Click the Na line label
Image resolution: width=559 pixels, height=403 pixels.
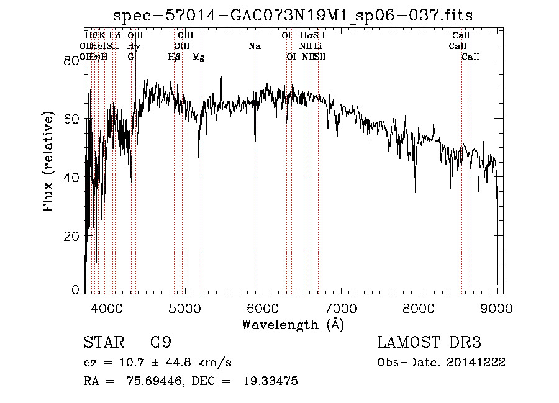pyautogui.click(x=254, y=46)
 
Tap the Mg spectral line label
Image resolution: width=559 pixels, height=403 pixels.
pyautogui.click(x=198, y=57)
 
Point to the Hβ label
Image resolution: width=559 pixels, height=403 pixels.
pyautogui.click(x=174, y=57)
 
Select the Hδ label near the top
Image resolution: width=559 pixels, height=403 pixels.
pyautogui.click(x=115, y=35)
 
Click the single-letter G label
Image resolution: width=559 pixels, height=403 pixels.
pyautogui.click(x=130, y=57)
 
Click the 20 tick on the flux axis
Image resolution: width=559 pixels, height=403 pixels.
pyautogui.click(x=74, y=236)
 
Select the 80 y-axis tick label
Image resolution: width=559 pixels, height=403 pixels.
pyautogui.click(x=74, y=60)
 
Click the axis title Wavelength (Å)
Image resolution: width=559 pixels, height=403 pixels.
pyautogui.click(x=292, y=324)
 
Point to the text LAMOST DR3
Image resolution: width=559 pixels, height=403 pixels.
pyautogui.click(x=429, y=343)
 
